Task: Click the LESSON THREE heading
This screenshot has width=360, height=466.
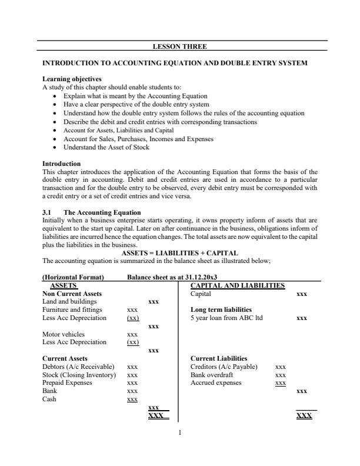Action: point(179,46)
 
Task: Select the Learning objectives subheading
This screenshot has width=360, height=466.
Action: point(72,79)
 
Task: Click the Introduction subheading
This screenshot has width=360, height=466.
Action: point(62,164)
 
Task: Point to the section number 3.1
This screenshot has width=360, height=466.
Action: point(48,212)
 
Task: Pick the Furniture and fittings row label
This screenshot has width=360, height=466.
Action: point(72,309)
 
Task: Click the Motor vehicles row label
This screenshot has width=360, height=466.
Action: point(64,334)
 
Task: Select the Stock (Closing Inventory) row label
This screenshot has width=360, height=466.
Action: point(80,374)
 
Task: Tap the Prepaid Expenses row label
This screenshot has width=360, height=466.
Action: point(68,382)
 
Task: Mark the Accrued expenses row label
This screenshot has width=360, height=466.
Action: point(216,382)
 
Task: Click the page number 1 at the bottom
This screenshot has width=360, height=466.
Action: point(180,433)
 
